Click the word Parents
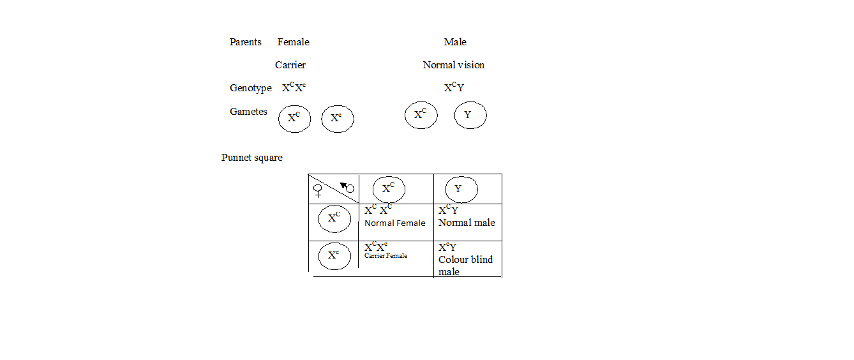[x=245, y=42]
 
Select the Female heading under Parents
[x=293, y=42]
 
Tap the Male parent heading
[x=455, y=42]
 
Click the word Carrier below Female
[x=290, y=65]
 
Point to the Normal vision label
[x=454, y=65]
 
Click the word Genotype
[x=251, y=88]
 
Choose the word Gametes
[x=248, y=112]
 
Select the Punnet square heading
[x=251, y=158]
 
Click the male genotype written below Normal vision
[x=454, y=88]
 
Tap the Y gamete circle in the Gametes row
[x=470, y=116]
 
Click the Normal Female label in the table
[x=394, y=223]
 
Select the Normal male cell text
[x=467, y=223]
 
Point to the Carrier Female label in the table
[x=386, y=256]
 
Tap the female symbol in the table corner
[x=318, y=190]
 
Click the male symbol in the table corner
[x=348, y=188]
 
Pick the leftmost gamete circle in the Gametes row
[x=294, y=118]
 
